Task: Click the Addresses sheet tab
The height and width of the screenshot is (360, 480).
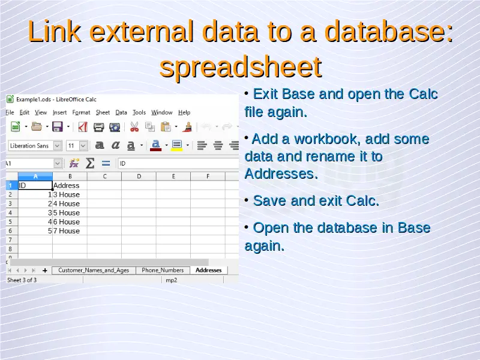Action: [x=208, y=271]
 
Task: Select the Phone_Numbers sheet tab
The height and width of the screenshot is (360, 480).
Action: [x=163, y=271]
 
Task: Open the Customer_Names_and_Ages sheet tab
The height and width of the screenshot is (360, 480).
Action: [x=94, y=271]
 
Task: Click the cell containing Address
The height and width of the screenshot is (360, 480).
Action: [x=70, y=185]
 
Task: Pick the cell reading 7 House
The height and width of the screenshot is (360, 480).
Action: [x=70, y=231]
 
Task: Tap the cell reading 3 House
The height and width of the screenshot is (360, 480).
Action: [x=70, y=194]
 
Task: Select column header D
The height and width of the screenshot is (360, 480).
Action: [x=139, y=176]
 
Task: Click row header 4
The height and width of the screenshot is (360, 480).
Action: [x=10, y=213]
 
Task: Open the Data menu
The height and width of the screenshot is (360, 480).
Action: [x=121, y=113]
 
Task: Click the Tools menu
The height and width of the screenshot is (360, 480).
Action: [x=139, y=113]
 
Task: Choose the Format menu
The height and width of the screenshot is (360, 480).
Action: [x=81, y=113]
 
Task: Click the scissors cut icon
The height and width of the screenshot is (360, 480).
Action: [x=134, y=127]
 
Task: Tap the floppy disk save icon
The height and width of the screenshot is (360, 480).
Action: [x=57, y=127]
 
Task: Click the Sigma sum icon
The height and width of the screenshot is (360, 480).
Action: [x=89, y=163]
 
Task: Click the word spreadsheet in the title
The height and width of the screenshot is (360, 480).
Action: [x=241, y=67]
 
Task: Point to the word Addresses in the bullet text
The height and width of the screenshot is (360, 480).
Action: [x=281, y=174]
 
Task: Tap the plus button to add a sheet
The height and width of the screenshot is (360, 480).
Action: [x=45, y=271]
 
